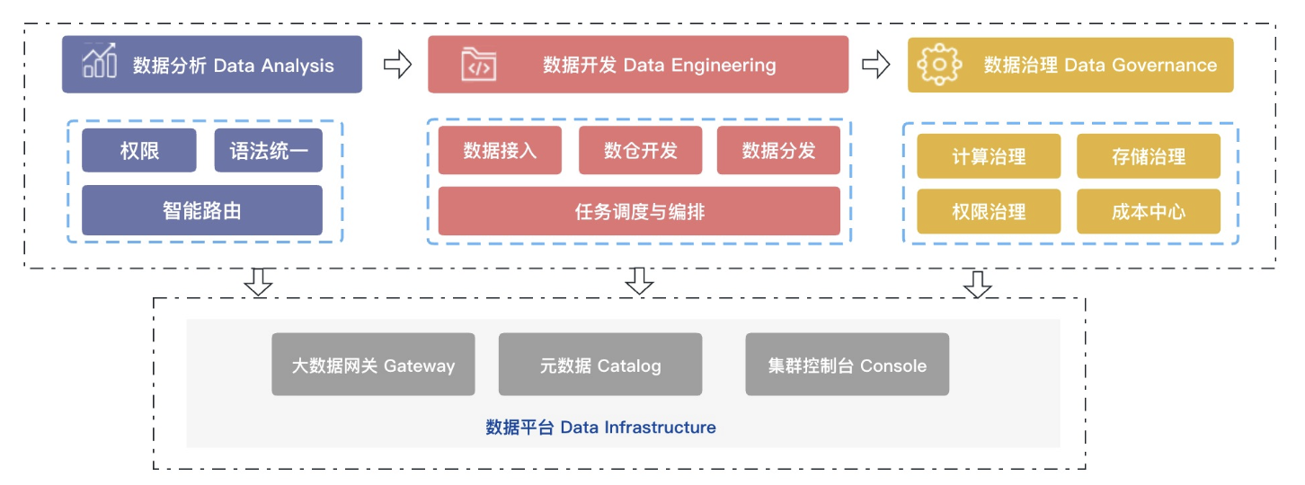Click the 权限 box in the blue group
point(139,150)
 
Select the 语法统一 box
point(268,150)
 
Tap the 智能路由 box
point(202,210)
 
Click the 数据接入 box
point(500,150)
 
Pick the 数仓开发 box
point(640,150)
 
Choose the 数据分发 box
point(778,150)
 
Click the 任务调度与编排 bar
point(639,211)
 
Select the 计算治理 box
point(989,156)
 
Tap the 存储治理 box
point(1149,156)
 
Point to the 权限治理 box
point(989,211)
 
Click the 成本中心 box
point(1149,211)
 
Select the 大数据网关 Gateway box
point(373,365)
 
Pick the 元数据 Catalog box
point(600,365)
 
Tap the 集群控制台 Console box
point(847,365)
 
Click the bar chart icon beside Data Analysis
point(99,63)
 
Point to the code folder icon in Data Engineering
point(478,65)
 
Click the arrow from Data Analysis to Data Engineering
point(397,64)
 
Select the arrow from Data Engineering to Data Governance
point(875,64)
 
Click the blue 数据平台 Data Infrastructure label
point(600,427)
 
